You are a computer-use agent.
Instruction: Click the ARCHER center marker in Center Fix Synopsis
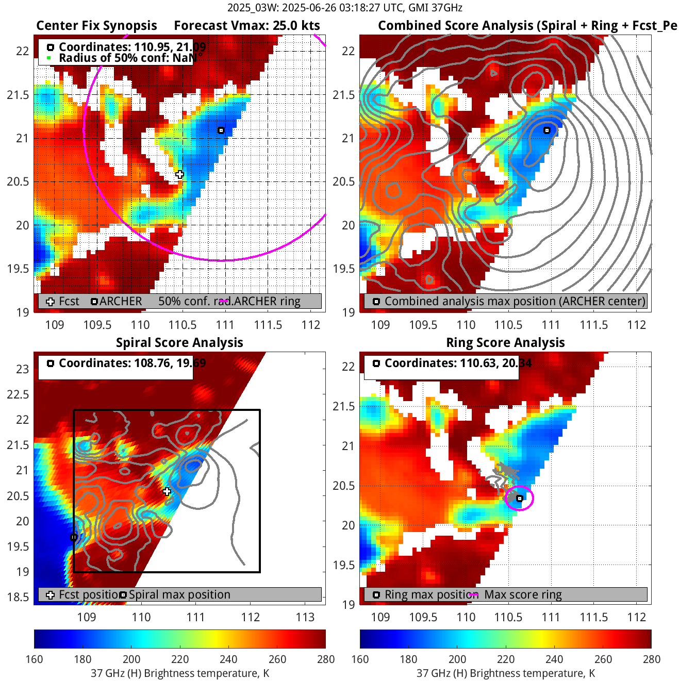(x=221, y=130)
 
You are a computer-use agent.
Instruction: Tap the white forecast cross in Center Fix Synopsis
(x=179, y=174)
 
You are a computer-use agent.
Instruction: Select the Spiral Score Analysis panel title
(x=179, y=343)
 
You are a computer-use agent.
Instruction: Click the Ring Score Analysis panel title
(x=505, y=343)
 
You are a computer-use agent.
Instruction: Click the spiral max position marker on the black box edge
(x=74, y=537)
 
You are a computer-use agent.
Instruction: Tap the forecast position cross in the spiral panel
(x=167, y=491)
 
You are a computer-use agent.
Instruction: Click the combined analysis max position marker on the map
(x=547, y=130)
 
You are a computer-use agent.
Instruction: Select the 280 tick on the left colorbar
(x=326, y=659)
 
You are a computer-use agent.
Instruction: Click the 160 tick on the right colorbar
(x=360, y=659)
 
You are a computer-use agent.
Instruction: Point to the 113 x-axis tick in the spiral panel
(x=305, y=617)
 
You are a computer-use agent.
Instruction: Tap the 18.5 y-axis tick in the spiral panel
(x=18, y=597)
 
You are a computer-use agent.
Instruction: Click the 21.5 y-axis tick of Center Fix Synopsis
(x=18, y=95)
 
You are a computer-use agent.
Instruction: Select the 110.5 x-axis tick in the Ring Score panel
(x=508, y=617)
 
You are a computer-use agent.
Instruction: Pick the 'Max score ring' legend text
(x=523, y=595)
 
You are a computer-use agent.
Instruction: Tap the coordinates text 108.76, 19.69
(x=132, y=363)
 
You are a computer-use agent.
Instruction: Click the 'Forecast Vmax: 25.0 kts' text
(x=246, y=26)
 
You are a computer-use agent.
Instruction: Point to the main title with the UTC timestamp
(x=344, y=8)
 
